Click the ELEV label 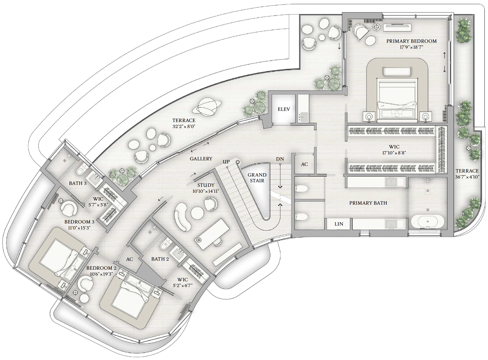[284, 109]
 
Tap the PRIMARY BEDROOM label [411, 41]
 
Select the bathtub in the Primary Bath [427, 222]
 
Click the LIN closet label [339, 224]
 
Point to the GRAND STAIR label [257, 178]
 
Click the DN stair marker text [280, 159]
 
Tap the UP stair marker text [226, 162]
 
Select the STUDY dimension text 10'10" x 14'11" [206, 191]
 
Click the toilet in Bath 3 [81, 170]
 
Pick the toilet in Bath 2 [165, 244]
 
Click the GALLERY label [201, 159]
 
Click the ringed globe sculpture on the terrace [206, 107]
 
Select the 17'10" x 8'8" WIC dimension [394, 153]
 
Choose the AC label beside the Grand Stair [304, 164]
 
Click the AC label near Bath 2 [129, 259]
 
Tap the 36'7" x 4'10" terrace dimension [467, 177]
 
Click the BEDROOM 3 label [79, 222]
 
